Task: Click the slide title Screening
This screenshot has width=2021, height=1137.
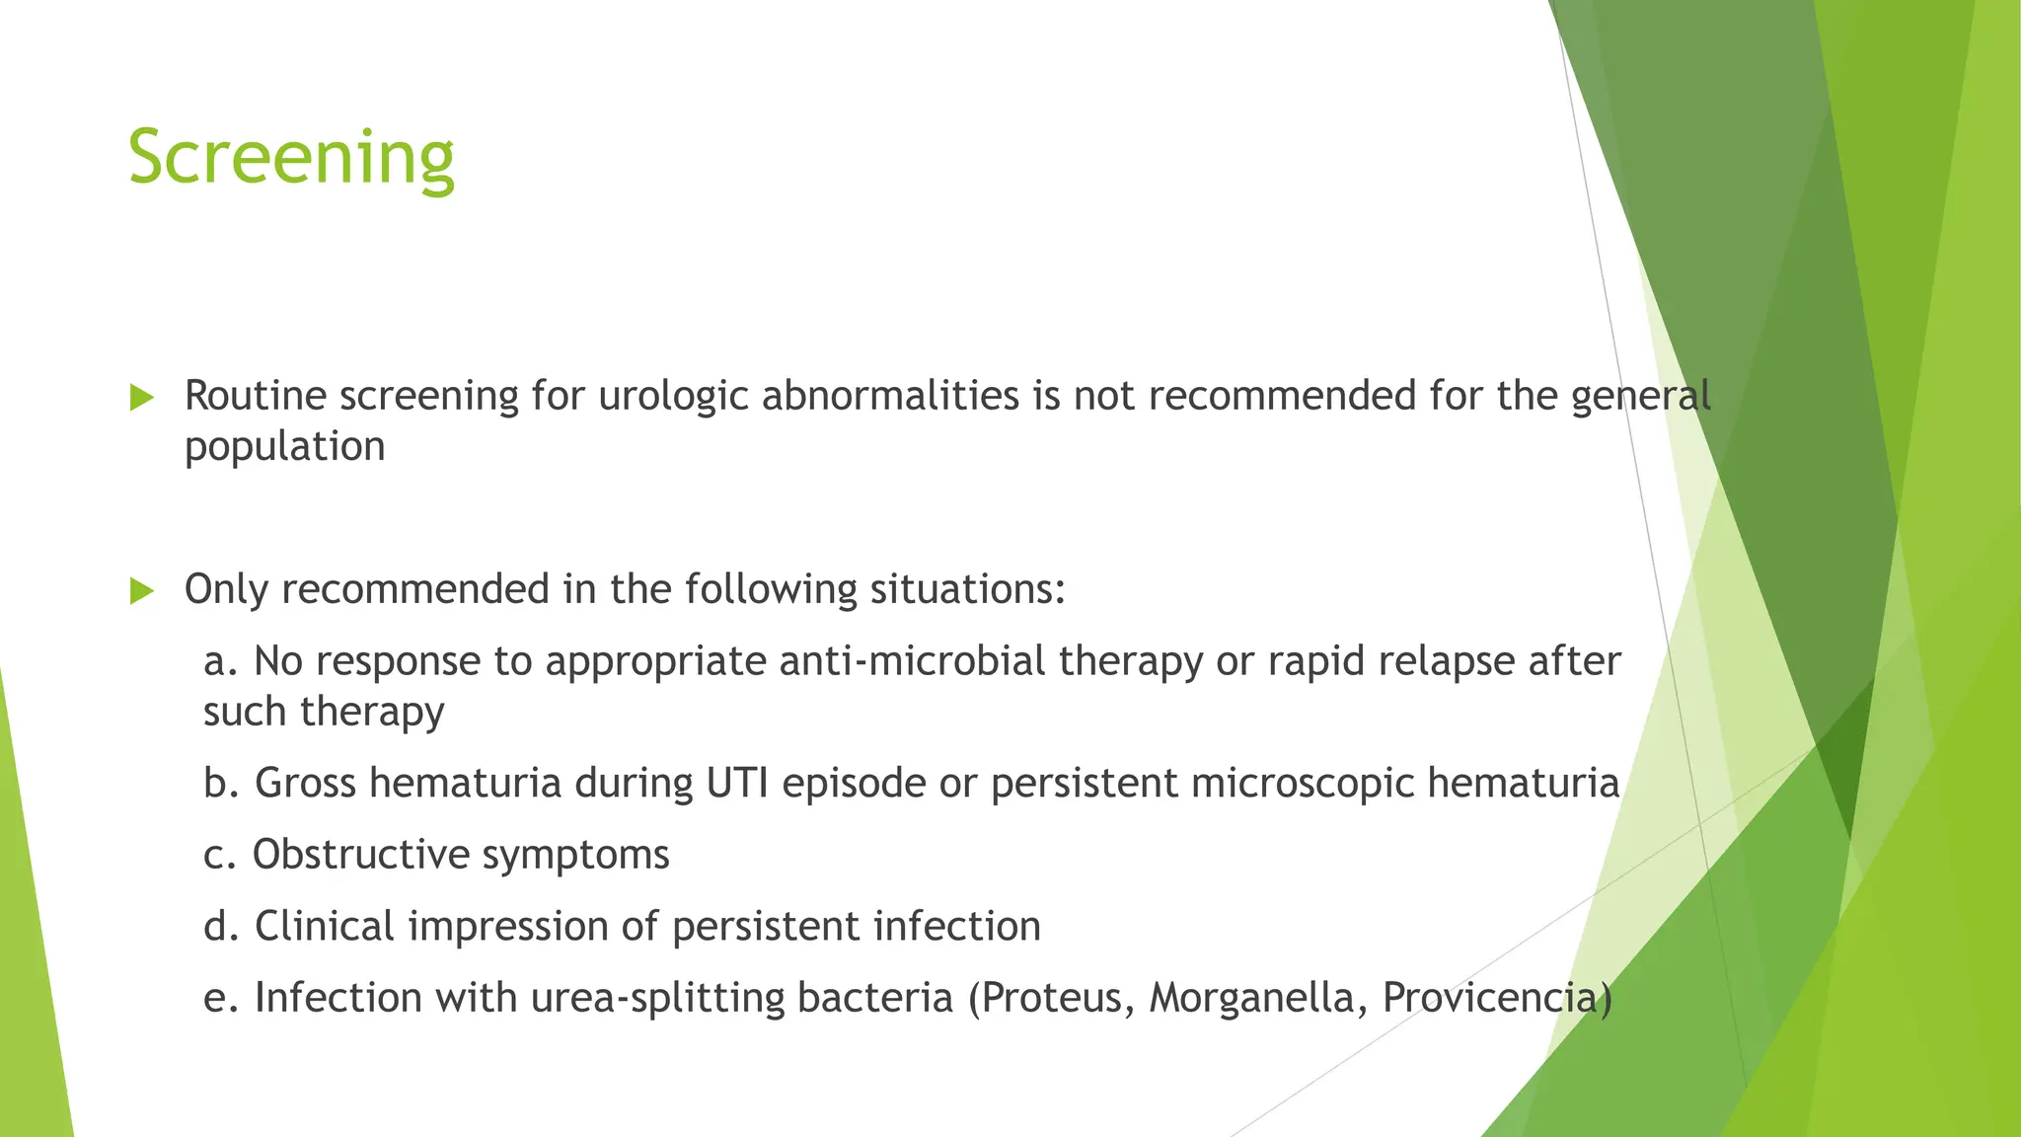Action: (x=291, y=158)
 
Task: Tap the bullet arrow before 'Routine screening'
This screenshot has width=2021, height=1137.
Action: (x=142, y=398)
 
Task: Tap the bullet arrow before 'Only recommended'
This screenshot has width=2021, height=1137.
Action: (x=142, y=591)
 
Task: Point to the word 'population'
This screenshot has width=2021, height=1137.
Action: (x=284, y=447)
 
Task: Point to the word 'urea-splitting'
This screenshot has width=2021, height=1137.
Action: (x=657, y=999)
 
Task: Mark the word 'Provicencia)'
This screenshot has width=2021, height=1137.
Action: (x=1497, y=999)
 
